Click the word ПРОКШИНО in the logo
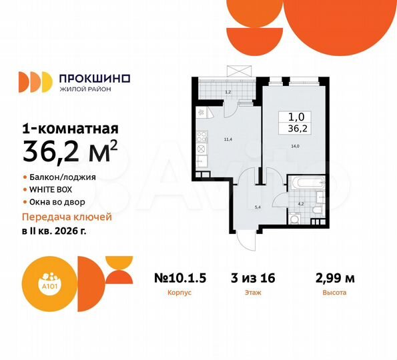[95, 78]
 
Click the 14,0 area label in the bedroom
[294, 154]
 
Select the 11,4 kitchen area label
[228, 139]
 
